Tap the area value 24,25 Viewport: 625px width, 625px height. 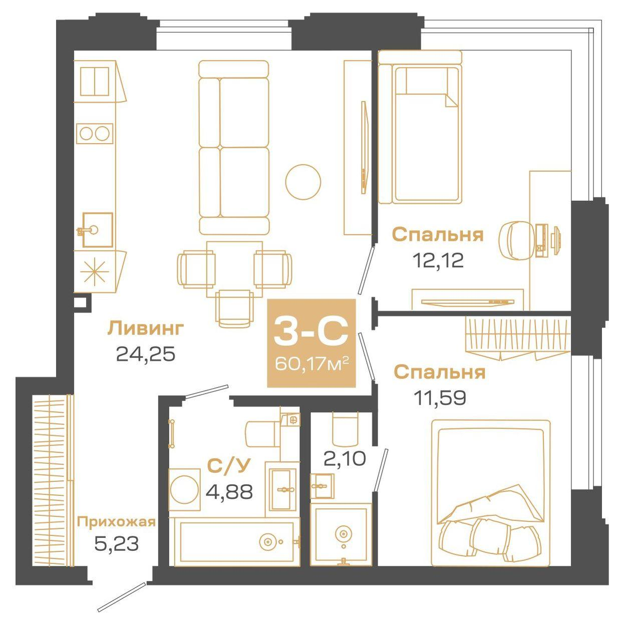(x=146, y=354)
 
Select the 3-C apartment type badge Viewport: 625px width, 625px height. (x=311, y=333)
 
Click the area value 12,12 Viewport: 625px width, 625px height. (x=438, y=260)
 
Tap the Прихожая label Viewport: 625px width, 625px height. (x=116, y=522)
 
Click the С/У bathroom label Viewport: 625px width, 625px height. (x=228, y=466)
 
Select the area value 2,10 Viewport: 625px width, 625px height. (x=345, y=458)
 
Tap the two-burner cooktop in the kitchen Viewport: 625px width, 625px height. (x=95, y=134)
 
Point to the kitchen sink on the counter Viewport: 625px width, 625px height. (x=97, y=230)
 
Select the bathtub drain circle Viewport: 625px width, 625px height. (x=268, y=541)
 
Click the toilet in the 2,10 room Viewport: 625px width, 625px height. (x=345, y=428)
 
